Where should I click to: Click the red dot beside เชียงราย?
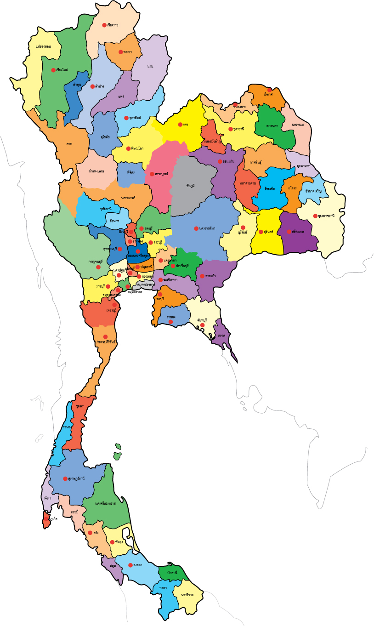pyautogui.click(x=104, y=25)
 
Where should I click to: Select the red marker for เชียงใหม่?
pyautogui.click(x=53, y=70)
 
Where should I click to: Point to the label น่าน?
pyautogui.click(x=150, y=67)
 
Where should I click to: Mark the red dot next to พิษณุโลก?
pyautogui.click(x=128, y=149)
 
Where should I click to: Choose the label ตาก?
pyautogui.click(x=69, y=143)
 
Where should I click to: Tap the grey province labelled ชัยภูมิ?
pyautogui.click(x=191, y=185)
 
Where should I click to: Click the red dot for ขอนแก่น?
pyautogui.click(x=220, y=161)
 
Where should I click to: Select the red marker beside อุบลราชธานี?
pyautogui.click(x=315, y=216)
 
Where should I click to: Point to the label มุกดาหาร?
pyautogui.click(x=303, y=166)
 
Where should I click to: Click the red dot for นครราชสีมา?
pyautogui.click(x=196, y=228)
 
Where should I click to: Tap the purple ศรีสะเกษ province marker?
pyautogui.click(x=289, y=232)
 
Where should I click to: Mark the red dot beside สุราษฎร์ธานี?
pyautogui.click(x=65, y=478)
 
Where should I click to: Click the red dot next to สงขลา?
pyautogui.click(x=130, y=565)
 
